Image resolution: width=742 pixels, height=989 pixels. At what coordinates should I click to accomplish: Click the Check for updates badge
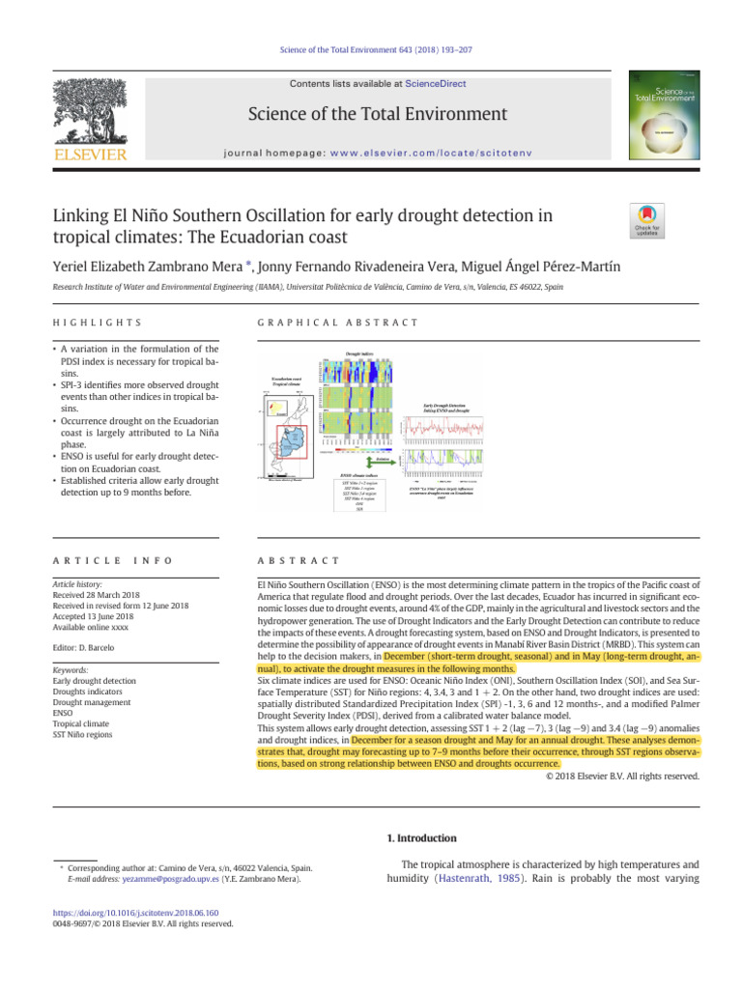pyautogui.click(x=647, y=220)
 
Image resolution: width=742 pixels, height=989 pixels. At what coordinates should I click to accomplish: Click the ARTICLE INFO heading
pyautogui.click(x=98, y=560)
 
